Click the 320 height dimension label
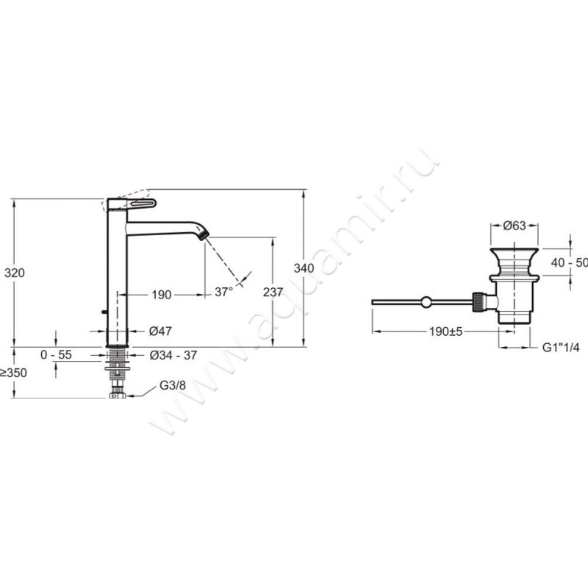[x=15, y=273]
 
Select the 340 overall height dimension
[x=304, y=268]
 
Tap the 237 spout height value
[x=273, y=292]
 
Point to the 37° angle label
[x=224, y=291]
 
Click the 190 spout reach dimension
[x=162, y=295]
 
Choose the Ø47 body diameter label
[x=160, y=331]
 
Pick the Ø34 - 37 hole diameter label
[x=173, y=355]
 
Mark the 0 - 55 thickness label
[x=57, y=354]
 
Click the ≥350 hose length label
[x=14, y=373]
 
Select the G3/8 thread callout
[x=173, y=385]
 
